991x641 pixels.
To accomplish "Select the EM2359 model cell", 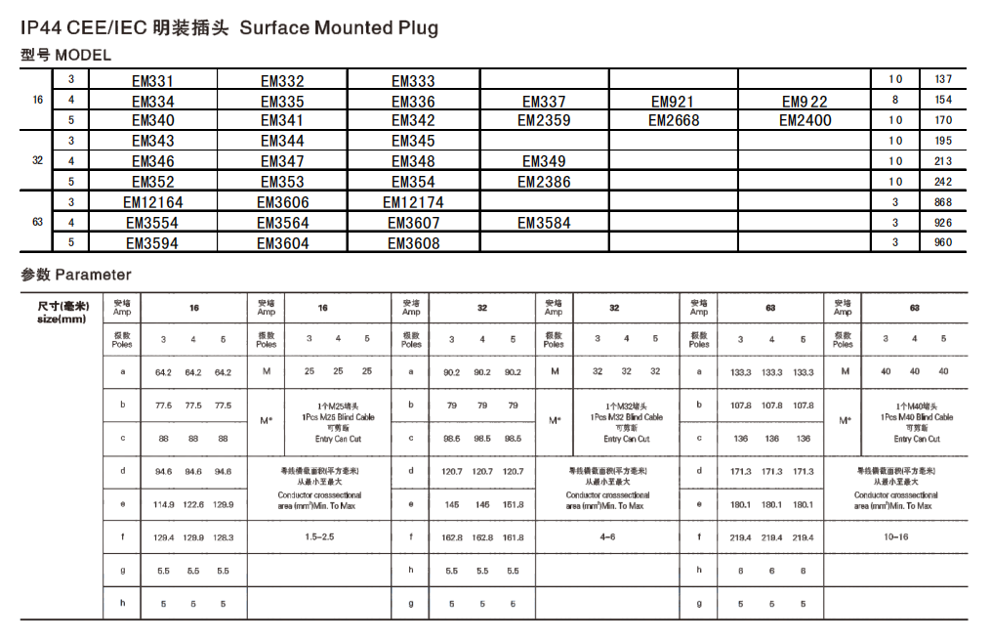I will coord(544,121).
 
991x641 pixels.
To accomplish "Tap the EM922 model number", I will coord(805,102).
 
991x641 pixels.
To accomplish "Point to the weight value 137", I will coord(943,79).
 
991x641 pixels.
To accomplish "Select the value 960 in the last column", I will coord(943,242).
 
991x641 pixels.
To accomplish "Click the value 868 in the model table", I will coord(943,202).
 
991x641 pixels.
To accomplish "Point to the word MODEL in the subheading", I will coord(83,55).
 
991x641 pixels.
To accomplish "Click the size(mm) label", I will coord(62,319).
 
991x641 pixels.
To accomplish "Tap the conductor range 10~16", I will coord(895,537).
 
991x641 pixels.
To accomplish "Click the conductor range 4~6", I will coord(607,537).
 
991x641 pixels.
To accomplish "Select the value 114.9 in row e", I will coord(164,504).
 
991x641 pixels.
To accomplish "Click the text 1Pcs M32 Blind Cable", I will coord(626,417).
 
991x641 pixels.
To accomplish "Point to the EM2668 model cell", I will coord(674,121).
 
